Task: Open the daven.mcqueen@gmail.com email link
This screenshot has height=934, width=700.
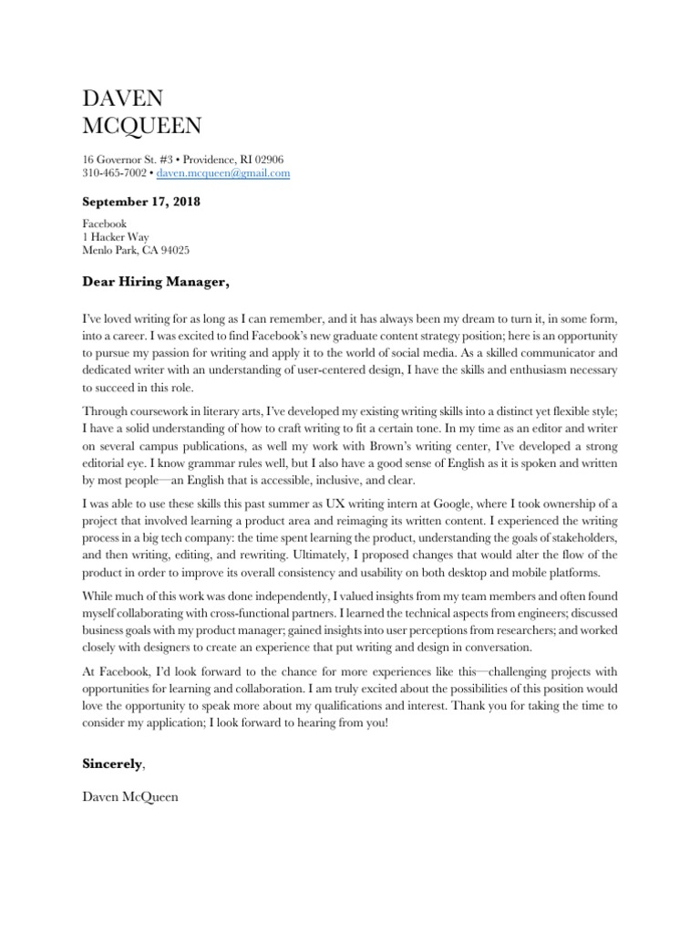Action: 223,172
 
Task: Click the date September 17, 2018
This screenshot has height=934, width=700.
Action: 141,202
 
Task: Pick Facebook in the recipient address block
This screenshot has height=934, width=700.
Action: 105,223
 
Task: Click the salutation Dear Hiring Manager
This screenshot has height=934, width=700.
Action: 155,283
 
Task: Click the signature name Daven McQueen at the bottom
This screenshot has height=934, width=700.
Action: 130,796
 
